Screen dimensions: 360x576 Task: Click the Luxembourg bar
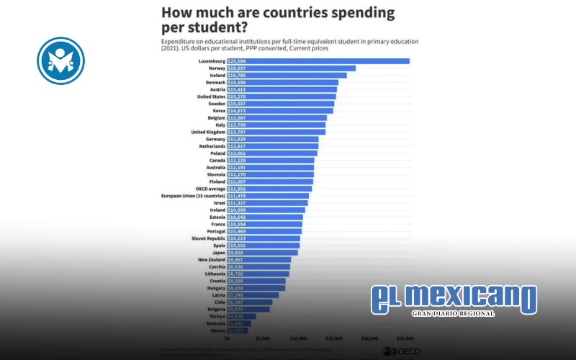(x=318, y=62)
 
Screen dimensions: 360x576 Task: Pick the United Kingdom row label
(x=207, y=132)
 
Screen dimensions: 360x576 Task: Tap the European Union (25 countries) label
(x=192, y=195)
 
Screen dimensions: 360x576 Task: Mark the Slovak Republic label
(x=207, y=238)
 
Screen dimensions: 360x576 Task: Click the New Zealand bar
(x=258, y=259)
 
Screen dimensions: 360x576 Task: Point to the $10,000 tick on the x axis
(x=298, y=337)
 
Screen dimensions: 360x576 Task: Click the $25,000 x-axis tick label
(x=405, y=337)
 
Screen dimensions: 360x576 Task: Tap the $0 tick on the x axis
(x=228, y=337)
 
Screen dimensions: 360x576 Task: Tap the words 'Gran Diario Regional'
(x=453, y=314)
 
